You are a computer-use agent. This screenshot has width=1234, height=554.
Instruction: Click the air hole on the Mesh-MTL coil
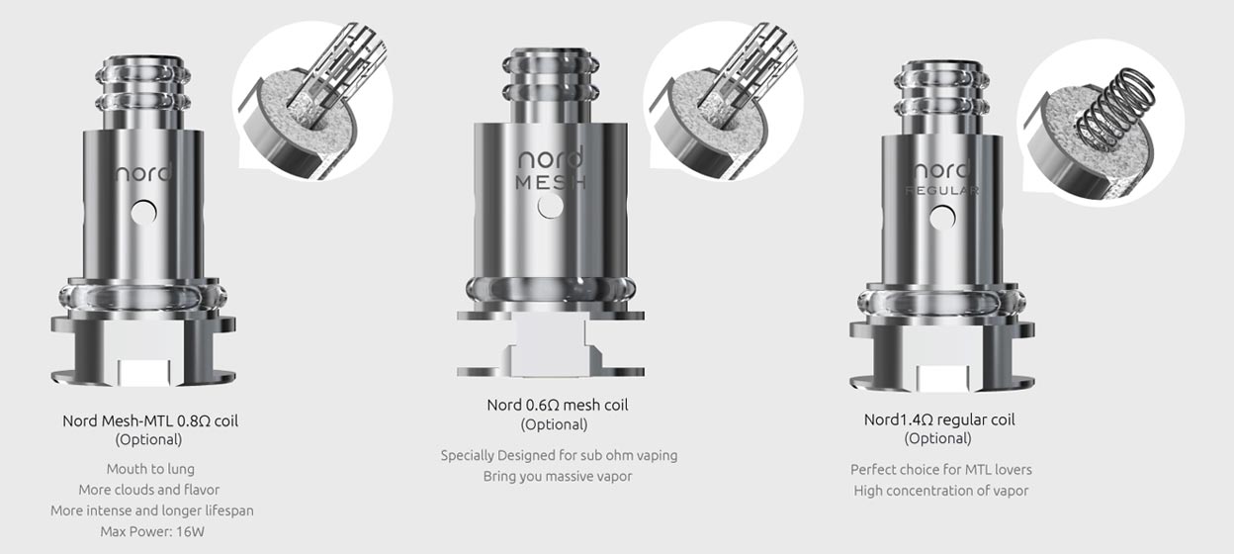tap(145, 211)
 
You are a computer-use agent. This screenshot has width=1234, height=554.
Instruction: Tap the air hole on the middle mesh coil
tap(550, 206)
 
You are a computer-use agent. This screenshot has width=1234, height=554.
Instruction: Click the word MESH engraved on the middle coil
tap(550, 182)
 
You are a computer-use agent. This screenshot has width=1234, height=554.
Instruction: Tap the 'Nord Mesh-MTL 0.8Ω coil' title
tap(150, 420)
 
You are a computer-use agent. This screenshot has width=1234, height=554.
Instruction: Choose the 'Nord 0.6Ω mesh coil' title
tap(557, 405)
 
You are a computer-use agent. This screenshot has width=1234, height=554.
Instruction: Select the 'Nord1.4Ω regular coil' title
tap(938, 419)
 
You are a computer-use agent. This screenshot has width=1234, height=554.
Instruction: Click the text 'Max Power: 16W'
tap(150, 531)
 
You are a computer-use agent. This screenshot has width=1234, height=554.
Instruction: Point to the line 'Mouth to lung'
tap(150, 469)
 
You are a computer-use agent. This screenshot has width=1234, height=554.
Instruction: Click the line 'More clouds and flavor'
tap(150, 490)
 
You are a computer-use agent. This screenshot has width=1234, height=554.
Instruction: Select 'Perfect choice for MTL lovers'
tap(940, 469)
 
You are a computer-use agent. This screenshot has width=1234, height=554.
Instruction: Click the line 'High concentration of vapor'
tap(940, 491)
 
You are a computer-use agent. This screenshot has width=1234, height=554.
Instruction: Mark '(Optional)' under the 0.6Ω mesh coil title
tap(554, 424)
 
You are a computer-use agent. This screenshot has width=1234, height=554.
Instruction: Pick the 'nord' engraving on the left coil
tap(143, 173)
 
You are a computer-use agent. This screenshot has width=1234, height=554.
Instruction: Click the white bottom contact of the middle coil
tap(549, 345)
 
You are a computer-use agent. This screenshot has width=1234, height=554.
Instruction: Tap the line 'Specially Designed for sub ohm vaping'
tap(559, 455)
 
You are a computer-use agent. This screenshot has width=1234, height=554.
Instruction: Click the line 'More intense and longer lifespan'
tap(152, 510)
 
